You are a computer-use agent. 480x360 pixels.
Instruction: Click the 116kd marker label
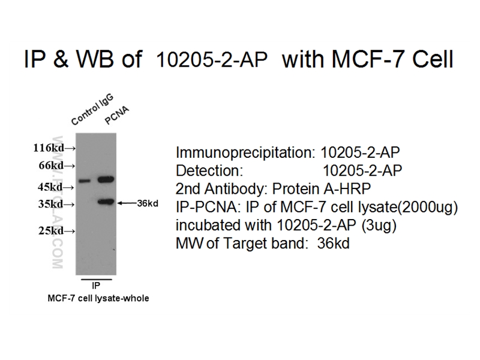49,148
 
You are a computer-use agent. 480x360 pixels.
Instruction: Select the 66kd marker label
51,166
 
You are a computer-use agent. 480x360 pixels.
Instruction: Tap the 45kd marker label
50,187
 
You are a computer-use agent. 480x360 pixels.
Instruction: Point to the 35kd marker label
51,204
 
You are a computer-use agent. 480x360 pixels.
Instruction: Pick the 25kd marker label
51,231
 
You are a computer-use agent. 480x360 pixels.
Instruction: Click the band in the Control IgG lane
85,181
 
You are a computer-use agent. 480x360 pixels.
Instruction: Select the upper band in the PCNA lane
106,179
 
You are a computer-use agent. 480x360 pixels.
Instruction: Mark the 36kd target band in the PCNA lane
106,202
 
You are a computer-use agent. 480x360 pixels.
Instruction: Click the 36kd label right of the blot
148,203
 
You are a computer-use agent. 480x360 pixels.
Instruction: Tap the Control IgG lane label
92,110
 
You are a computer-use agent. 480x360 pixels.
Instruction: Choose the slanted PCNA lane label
117,116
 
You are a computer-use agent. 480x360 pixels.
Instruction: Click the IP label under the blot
96,286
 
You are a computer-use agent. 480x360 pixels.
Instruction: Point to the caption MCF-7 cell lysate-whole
98,298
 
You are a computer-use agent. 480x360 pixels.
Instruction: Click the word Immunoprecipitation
245,152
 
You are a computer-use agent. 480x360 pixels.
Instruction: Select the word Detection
209,170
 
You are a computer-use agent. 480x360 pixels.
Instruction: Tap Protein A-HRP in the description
322,188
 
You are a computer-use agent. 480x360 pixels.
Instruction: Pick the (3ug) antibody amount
379,226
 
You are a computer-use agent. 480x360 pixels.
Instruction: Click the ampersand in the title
61,59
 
